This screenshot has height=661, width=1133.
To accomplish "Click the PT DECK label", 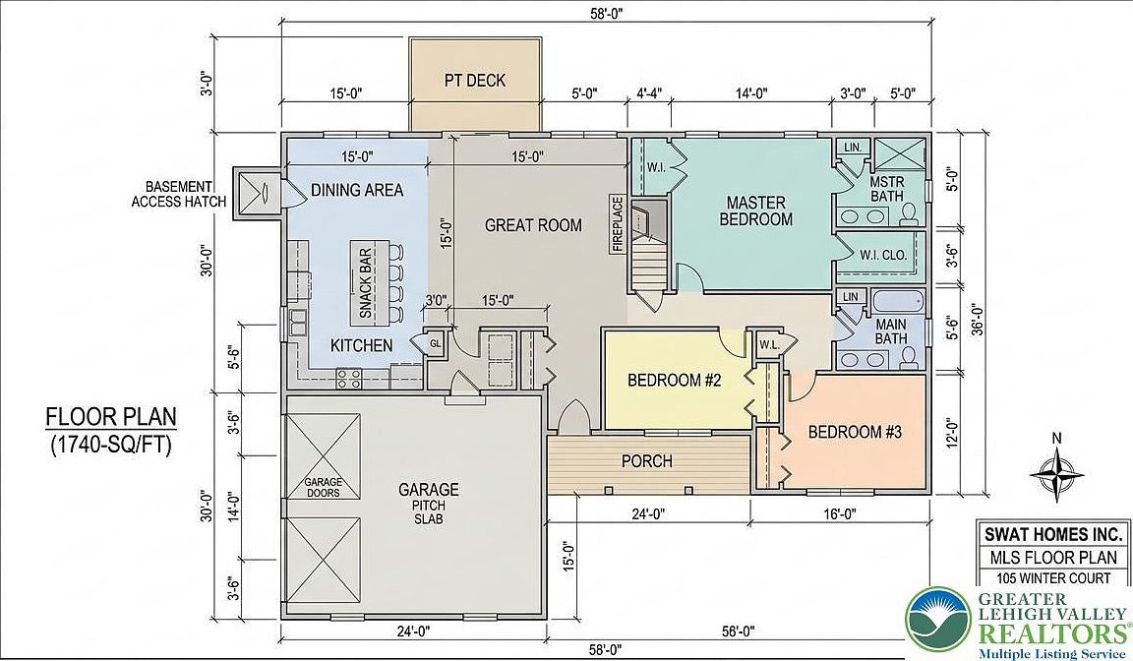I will coord(475,81).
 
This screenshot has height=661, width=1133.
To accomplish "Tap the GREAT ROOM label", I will coord(533,225).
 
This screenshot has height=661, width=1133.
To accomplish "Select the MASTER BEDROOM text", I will coord(755,210).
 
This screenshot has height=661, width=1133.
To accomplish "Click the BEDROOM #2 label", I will coord(675,382).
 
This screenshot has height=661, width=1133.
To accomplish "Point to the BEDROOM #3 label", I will coord(855,431).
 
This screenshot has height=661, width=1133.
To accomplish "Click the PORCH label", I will coord(647,460).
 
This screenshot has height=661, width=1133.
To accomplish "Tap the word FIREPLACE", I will coord(618,225).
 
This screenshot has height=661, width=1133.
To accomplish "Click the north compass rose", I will coord(1055,472).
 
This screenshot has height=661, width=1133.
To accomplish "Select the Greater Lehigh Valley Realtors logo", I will coord(1018,624).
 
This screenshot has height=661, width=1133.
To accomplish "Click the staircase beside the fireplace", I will coord(649,261).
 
